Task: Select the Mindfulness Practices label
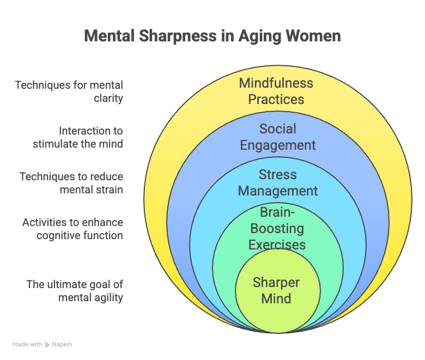point(276,91)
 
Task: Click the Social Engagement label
point(278,137)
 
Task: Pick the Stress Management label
point(278,183)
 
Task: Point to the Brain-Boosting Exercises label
point(277,228)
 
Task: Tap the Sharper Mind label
point(276,290)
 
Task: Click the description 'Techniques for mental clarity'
point(69,91)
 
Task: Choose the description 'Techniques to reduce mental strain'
point(71,183)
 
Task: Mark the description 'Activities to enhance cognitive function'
point(72,229)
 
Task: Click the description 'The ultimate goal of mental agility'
point(75,290)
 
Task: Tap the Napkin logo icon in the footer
point(47,345)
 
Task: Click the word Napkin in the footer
point(62,345)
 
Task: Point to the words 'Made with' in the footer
point(27,345)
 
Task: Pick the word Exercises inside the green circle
point(277,245)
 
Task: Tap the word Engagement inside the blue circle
point(278,145)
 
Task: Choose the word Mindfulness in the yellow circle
point(276,83)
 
